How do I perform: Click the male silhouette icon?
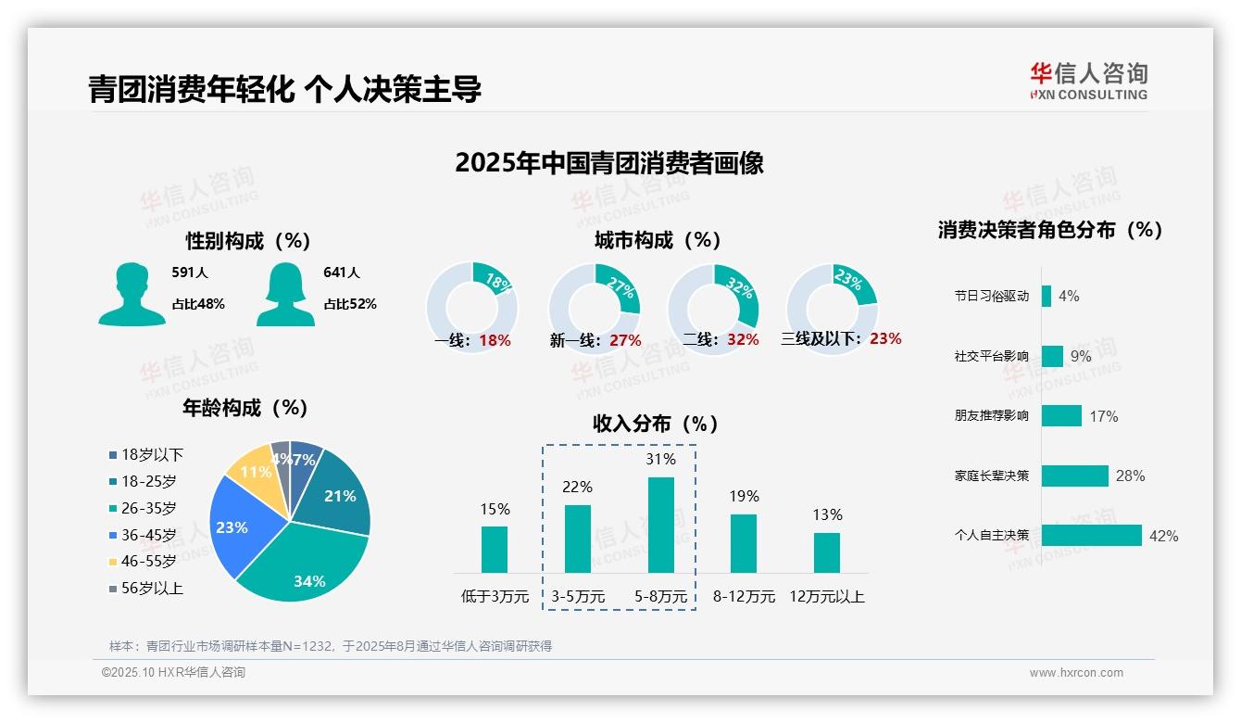click(132, 294)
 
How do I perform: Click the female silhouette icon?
click(285, 294)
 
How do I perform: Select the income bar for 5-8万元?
click(660, 525)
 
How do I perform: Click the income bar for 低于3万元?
click(495, 550)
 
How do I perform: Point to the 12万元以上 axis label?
click(826, 597)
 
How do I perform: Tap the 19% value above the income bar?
click(743, 497)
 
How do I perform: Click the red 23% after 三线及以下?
click(885, 339)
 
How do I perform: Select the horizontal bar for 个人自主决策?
click(1091, 536)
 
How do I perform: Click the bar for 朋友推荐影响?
click(1061, 416)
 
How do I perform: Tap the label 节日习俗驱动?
click(991, 297)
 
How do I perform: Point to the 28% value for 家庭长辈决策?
click(1130, 476)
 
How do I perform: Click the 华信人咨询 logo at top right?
click(1088, 81)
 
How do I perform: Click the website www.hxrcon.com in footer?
click(1076, 673)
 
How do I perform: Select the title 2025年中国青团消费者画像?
click(609, 163)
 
